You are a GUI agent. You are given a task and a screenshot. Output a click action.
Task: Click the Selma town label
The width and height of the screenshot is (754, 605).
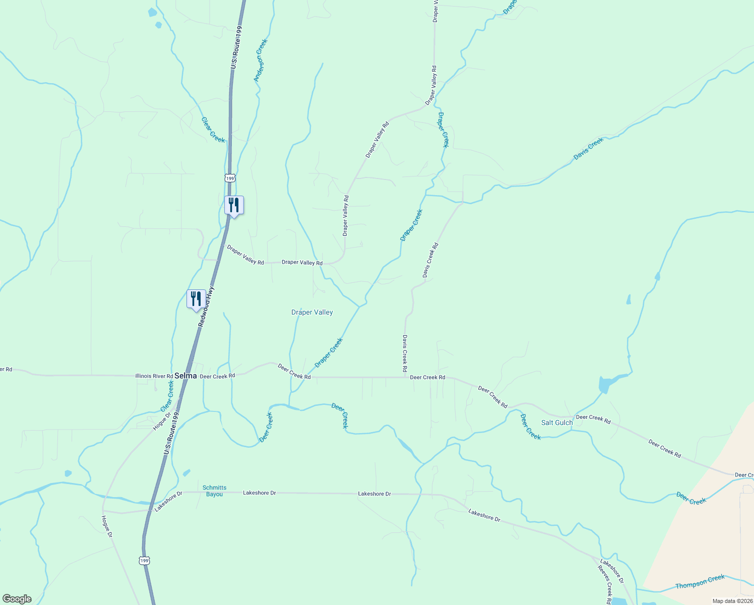click(185, 376)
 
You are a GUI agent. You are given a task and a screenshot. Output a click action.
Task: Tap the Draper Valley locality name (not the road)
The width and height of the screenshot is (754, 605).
click(312, 313)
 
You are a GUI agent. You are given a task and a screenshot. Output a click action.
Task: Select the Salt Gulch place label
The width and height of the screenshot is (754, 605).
click(557, 423)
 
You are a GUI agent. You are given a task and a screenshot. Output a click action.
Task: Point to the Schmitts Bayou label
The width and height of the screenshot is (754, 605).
click(214, 491)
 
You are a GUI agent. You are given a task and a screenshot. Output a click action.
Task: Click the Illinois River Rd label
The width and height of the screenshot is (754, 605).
click(154, 376)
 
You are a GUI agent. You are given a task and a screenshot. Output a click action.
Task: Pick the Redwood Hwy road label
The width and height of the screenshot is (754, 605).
click(206, 307)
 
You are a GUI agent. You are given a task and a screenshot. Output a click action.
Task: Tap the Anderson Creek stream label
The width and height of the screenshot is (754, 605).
click(260, 60)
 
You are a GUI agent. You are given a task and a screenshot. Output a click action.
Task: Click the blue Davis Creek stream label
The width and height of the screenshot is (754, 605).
click(588, 149)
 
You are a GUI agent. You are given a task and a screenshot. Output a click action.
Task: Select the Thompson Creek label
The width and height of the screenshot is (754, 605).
click(700, 582)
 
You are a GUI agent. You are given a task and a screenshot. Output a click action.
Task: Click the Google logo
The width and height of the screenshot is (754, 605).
click(17, 599)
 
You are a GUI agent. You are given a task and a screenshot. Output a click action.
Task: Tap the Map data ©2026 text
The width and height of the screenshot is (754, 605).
click(732, 601)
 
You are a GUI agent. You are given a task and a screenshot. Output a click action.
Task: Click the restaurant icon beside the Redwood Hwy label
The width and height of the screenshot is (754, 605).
click(196, 299)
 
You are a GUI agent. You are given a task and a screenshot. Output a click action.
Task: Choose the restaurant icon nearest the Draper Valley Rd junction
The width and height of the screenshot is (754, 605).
click(234, 205)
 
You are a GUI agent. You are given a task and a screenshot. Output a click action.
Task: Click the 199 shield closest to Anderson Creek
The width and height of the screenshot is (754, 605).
click(230, 178)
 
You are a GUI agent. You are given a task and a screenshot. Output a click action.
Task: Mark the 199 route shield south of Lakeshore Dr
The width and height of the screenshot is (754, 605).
click(145, 561)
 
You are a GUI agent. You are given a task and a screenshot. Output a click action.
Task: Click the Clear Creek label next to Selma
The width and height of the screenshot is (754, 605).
click(167, 396)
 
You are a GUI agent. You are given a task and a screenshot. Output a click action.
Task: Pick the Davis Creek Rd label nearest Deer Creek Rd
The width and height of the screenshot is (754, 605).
click(405, 354)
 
